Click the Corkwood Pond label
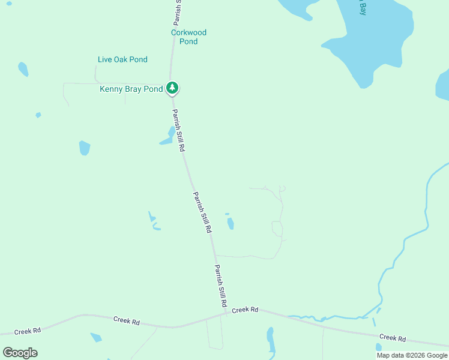tap(188, 37)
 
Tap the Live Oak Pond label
tap(122, 59)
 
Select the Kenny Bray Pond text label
tap(131, 89)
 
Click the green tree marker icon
tap(173, 88)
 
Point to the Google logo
tap(20, 352)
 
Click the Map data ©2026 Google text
tap(412, 355)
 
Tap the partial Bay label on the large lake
tap(362, 8)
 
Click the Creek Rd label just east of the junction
tap(245, 310)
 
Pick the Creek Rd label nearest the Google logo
tap(28, 331)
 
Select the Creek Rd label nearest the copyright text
tap(393, 338)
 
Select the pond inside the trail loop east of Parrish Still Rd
tap(231, 224)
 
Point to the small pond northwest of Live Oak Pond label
tap(23, 69)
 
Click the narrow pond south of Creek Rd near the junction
tap(271, 341)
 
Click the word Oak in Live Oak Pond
tap(122, 59)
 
